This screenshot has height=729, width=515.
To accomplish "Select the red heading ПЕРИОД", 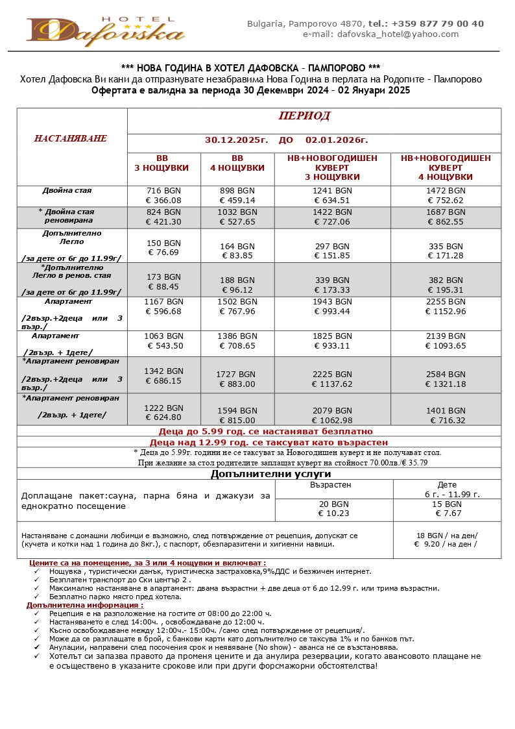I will pyautogui.click(x=304, y=116).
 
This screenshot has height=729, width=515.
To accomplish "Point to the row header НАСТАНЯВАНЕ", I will pyautogui.click(x=71, y=139).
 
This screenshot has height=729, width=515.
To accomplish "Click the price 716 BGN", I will pyautogui.click(x=163, y=191).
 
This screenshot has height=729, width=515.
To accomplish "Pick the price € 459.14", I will pyautogui.click(x=237, y=201).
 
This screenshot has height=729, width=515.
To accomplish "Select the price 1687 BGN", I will pyautogui.click(x=446, y=212).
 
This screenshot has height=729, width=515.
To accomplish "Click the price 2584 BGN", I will pyautogui.click(x=446, y=375).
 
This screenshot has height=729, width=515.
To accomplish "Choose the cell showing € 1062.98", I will pyautogui.click(x=331, y=420).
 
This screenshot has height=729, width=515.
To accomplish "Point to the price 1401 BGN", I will pyautogui.click(x=446, y=411).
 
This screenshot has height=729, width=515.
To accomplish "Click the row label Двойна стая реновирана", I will pyautogui.click(x=68, y=216).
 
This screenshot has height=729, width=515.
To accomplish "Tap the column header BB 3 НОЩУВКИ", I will pyautogui.click(x=162, y=163).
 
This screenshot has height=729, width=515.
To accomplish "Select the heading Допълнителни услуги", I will pyautogui.click(x=259, y=474).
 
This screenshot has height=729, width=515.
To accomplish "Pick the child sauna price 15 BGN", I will pyautogui.click(x=447, y=504).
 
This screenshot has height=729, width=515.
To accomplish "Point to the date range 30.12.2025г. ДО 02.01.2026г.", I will pyautogui.click(x=286, y=140).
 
